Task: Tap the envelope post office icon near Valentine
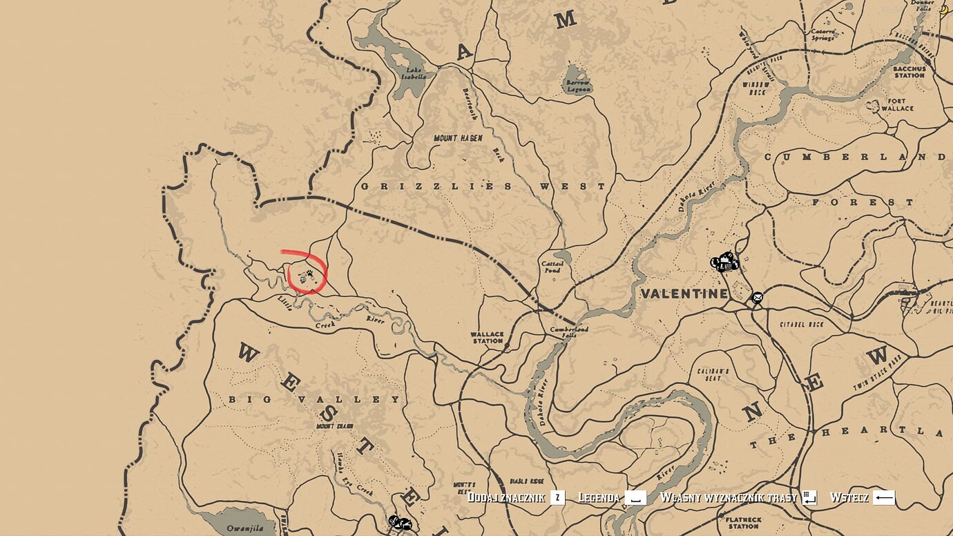coord(758,298)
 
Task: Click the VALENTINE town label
coord(684,294)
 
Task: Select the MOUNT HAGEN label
coord(458,138)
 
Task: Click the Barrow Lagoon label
coord(578,86)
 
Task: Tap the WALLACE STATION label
coord(487,337)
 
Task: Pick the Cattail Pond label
coord(552,267)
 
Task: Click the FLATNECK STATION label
coord(743,522)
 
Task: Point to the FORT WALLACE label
coord(897,105)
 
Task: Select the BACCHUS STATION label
coord(909,72)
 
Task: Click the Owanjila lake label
coord(244,528)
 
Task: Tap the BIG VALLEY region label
coord(314,399)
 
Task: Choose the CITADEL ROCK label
coord(801,324)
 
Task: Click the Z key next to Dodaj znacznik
coord(557,497)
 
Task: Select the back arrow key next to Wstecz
coord(883,497)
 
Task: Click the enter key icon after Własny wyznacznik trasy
coord(809,497)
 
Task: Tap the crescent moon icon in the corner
coord(943,9)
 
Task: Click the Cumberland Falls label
coord(568,332)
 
